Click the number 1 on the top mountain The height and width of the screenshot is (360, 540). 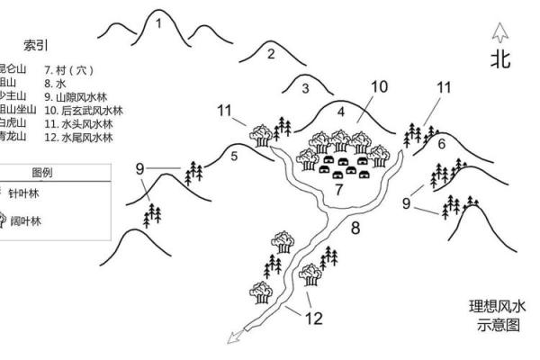click(158, 24)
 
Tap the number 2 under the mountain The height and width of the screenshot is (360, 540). click(270, 53)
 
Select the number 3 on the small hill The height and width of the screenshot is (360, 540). click(305, 88)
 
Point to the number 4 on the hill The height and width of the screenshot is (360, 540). click(341, 112)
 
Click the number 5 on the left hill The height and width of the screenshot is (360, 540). click(234, 157)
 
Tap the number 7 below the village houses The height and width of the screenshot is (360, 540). click(339, 190)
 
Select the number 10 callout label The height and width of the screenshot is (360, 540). click(378, 86)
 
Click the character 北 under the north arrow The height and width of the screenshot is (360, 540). click(500, 59)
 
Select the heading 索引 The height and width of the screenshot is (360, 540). click(35, 45)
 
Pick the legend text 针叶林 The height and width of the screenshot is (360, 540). click(24, 193)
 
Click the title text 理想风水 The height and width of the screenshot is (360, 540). click(497, 306)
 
